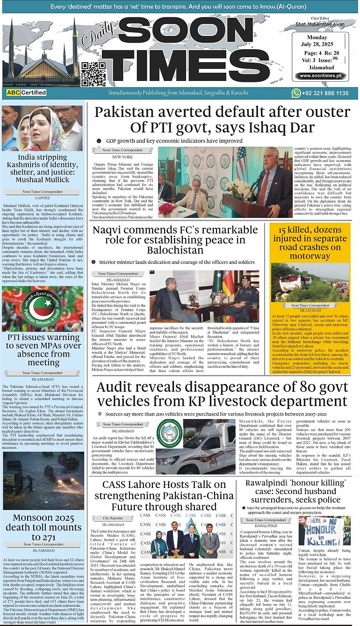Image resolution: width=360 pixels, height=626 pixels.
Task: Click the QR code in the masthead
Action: tap(93, 74)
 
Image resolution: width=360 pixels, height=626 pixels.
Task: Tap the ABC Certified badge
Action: tap(27, 93)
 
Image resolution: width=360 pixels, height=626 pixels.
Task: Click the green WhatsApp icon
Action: tap(295, 93)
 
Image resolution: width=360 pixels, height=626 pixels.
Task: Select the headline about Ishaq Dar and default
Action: tap(221, 121)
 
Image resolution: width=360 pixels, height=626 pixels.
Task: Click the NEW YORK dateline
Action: tap(122, 157)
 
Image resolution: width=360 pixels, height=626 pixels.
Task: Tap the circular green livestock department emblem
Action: tap(170, 433)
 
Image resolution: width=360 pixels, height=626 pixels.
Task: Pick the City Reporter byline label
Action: tap(113, 518)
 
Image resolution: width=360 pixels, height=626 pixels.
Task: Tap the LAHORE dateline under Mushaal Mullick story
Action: tap(43, 198)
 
